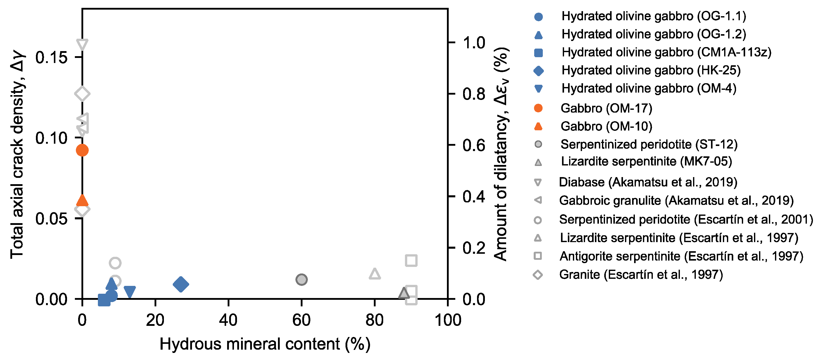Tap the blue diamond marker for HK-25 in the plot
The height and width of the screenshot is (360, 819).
click(x=181, y=284)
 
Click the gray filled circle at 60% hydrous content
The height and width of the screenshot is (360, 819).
click(x=301, y=280)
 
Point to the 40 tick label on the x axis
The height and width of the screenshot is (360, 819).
click(x=228, y=320)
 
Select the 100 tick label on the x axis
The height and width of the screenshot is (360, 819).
click(x=448, y=320)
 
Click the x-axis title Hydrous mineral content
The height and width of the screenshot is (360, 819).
click(x=265, y=344)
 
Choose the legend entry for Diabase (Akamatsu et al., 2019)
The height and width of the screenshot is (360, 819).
click(x=648, y=182)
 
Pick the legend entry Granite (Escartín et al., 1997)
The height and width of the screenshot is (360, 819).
click(x=641, y=274)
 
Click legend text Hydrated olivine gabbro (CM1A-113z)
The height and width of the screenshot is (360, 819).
click(x=666, y=52)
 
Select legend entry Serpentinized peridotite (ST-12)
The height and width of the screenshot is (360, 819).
click(x=649, y=144)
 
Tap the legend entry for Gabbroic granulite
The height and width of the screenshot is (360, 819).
click(x=676, y=200)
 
